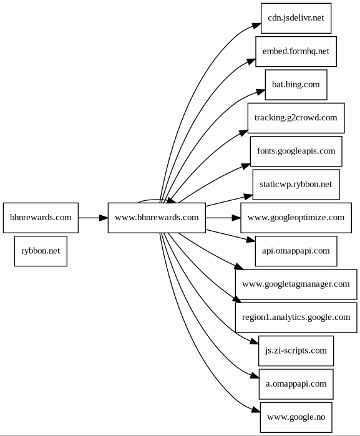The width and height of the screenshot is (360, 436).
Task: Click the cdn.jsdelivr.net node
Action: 296,18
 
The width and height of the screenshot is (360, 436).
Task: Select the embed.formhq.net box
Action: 296,51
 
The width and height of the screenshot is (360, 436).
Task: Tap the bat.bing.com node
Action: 296,85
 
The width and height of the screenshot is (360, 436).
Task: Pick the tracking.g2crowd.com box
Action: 296,118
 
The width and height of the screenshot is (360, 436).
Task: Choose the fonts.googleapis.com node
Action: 296,152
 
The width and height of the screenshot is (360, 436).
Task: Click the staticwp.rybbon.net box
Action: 296,185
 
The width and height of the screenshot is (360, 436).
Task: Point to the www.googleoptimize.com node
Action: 296,218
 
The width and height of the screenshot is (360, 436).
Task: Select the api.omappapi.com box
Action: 296,251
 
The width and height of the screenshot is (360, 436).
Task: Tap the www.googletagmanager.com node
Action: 296,284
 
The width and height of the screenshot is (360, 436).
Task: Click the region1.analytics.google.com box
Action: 296,317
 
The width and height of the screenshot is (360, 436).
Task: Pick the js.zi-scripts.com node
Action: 296,351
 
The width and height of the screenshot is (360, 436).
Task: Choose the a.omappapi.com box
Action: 296,384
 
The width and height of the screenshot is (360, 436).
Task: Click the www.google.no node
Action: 296,417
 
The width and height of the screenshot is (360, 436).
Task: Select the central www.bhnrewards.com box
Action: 157,218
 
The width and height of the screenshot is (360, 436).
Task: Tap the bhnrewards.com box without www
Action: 41,218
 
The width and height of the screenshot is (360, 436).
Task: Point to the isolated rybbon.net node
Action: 41,251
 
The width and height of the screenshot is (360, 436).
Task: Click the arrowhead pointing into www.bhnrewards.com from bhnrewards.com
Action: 104,218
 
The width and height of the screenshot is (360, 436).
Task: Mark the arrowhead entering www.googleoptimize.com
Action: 236,218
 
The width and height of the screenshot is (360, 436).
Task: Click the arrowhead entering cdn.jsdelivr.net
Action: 257,26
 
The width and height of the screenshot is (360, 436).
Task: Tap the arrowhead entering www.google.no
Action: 256,410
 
